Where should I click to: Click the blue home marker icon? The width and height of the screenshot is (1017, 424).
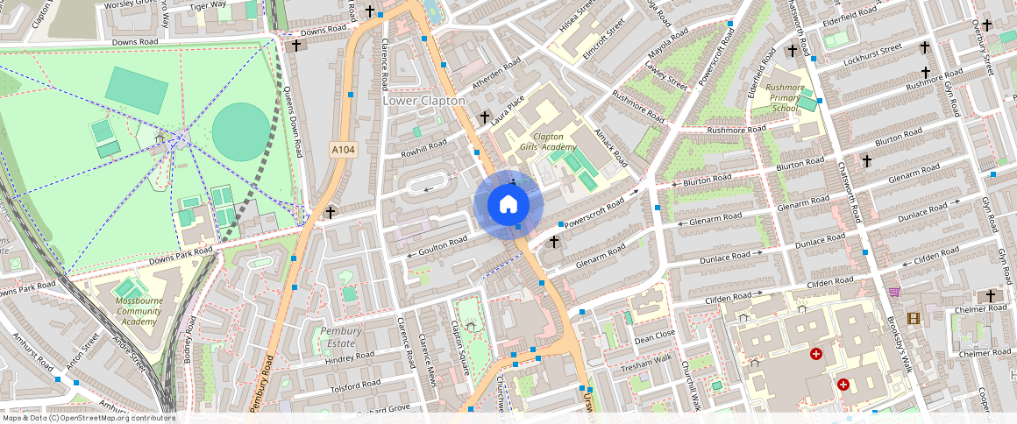point(508,205)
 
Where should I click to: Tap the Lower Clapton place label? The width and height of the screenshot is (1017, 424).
point(423,101)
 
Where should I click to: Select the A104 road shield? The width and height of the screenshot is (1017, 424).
point(344,151)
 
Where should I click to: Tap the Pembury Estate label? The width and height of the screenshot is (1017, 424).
point(340,337)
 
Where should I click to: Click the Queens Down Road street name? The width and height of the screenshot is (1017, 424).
point(292,123)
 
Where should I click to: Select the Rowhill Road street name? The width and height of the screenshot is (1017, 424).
point(424,149)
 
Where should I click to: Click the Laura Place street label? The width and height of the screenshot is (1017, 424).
point(508,112)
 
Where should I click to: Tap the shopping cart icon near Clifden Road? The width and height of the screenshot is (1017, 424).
point(894,292)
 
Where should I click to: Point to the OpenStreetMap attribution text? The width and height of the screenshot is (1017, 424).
point(88,418)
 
